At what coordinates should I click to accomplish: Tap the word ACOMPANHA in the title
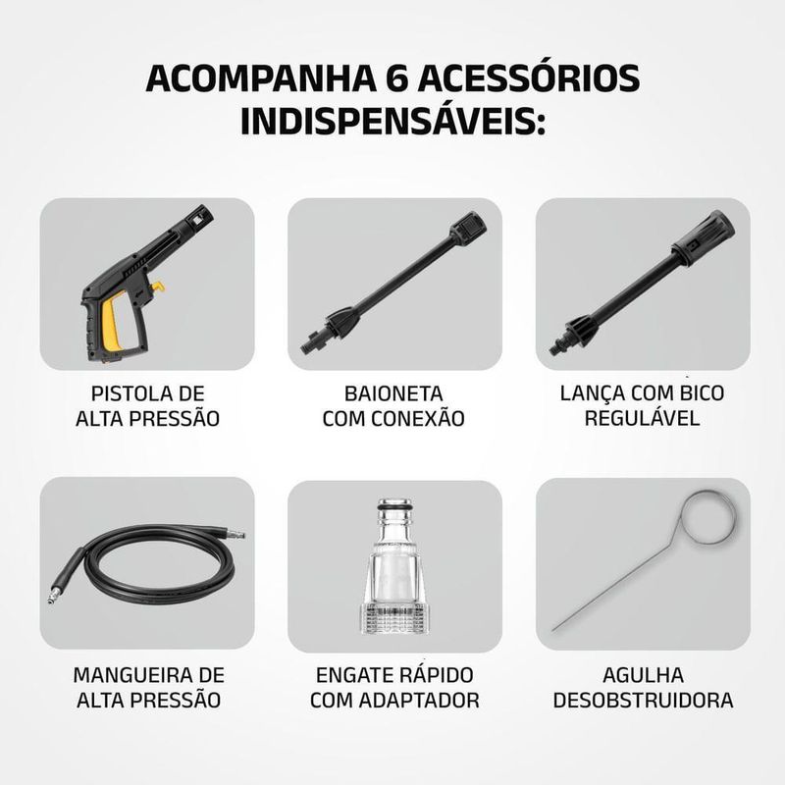pos(261,78)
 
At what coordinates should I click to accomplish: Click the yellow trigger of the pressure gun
pos(113,322)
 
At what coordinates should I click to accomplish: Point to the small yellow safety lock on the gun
pos(159,287)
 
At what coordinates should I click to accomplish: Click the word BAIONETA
pos(393,393)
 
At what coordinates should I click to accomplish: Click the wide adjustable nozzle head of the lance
pos(704,236)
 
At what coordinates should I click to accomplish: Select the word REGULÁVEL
pos(643,418)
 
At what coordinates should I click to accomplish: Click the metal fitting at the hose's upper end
pos(235,534)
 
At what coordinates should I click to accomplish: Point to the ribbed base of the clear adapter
pos(395,619)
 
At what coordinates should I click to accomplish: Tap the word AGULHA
pos(643,675)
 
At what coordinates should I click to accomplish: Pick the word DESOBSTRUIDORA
pos(643,700)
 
